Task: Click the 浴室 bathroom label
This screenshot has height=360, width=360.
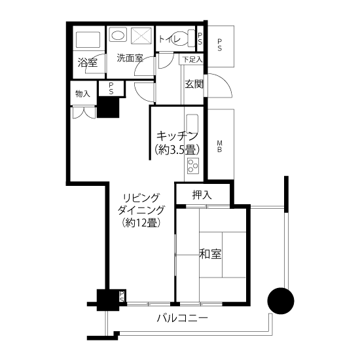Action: pyautogui.click(x=88, y=62)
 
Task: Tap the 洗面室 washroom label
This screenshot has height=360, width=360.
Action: pyautogui.click(x=130, y=58)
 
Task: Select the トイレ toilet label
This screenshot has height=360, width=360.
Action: pyautogui.click(x=170, y=39)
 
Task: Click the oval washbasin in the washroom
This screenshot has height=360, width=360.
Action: pyautogui.click(x=118, y=35)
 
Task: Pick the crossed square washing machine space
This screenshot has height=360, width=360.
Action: pyautogui.click(x=141, y=35)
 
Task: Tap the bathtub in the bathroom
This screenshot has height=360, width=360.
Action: pyautogui.click(x=88, y=39)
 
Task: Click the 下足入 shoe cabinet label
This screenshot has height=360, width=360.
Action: pyautogui.click(x=192, y=60)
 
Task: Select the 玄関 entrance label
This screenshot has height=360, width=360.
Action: pyautogui.click(x=194, y=84)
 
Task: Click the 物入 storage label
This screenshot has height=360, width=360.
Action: pyautogui.click(x=83, y=94)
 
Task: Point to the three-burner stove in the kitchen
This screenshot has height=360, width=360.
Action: pyautogui.click(x=193, y=166)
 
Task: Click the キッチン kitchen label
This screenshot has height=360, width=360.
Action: pyautogui.click(x=177, y=136)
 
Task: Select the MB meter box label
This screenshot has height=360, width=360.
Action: pyautogui.click(x=219, y=147)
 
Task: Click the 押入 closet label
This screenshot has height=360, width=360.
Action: pyautogui.click(x=202, y=195)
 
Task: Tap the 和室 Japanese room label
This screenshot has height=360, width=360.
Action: pyautogui.click(x=210, y=254)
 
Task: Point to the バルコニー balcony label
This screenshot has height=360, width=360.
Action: pyautogui.click(x=183, y=319)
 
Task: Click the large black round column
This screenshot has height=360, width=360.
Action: pyautogui.click(x=281, y=301)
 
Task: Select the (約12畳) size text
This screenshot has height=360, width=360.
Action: pyautogui.click(x=141, y=223)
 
